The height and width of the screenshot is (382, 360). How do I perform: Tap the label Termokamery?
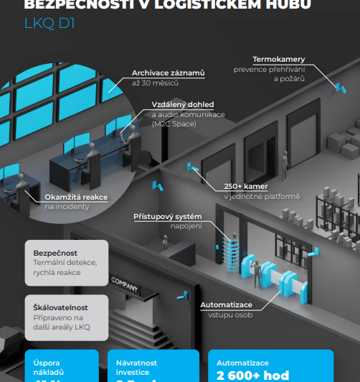coord(280,60)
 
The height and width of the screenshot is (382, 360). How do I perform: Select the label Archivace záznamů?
coord(168,73)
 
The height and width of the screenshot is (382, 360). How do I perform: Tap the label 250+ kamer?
coord(245,187)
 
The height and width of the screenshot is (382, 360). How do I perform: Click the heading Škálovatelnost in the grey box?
coord(62,307)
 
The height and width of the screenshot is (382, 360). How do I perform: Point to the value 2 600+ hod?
coord(252,376)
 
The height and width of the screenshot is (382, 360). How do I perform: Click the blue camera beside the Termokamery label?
coord(335,87)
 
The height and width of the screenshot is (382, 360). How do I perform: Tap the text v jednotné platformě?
coord(261,197)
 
